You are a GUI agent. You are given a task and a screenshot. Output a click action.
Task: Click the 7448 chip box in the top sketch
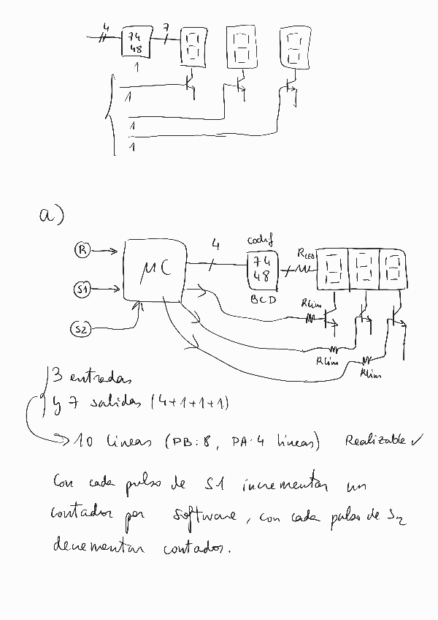(136, 42)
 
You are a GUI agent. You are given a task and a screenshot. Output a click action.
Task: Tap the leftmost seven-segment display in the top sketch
(193, 46)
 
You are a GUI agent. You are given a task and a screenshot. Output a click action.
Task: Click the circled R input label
(83, 251)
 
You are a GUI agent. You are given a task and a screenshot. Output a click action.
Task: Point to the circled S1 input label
(82, 290)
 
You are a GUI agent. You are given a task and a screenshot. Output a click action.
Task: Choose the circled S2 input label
(82, 330)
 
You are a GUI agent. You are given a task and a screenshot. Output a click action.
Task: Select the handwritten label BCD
(262, 300)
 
